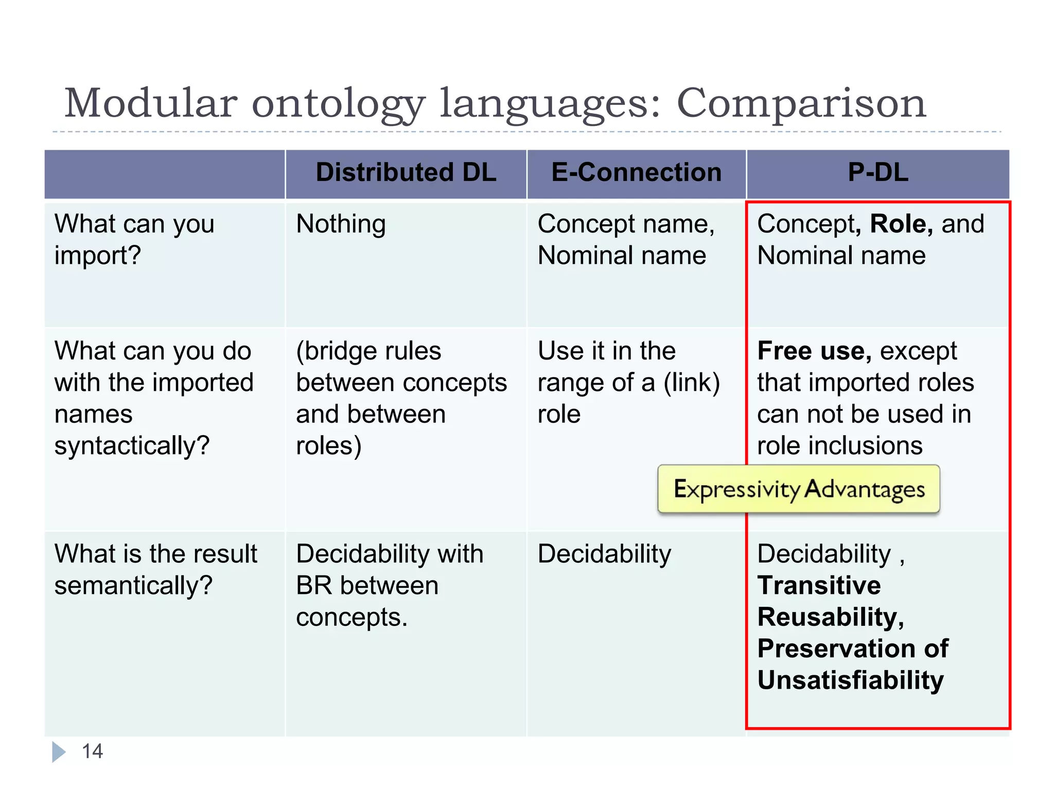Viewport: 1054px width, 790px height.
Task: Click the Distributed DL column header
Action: [406, 173]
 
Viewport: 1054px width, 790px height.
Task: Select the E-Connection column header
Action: [636, 173]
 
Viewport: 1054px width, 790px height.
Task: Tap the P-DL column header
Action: [878, 173]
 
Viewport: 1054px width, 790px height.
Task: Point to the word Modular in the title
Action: [151, 103]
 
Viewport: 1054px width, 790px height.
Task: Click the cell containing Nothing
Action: [341, 225]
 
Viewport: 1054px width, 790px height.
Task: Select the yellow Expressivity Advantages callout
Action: [799, 489]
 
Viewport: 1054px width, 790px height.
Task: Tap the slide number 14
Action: [93, 751]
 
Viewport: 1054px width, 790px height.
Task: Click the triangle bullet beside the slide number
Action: [59, 751]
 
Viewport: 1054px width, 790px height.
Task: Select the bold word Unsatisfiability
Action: [850, 680]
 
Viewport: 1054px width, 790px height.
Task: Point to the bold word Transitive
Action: [819, 586]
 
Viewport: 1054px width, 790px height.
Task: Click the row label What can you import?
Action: [134, 240]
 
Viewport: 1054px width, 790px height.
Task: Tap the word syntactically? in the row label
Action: [132, 446]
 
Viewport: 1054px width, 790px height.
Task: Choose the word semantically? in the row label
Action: [133, 586]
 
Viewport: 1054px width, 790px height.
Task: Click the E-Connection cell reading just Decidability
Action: [604, 554]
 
